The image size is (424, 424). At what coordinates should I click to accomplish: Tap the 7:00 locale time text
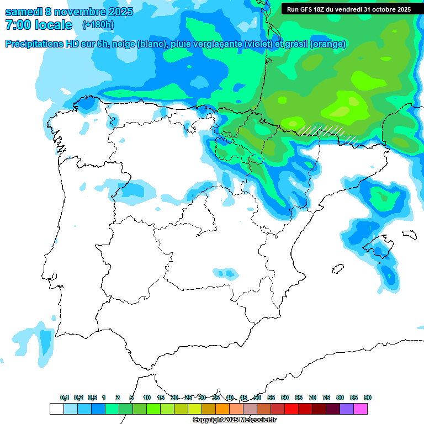(x=39, y=25)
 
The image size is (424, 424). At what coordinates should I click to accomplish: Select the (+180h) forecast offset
(x=98, y=25)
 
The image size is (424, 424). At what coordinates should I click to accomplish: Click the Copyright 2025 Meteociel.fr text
(x=234, y=420)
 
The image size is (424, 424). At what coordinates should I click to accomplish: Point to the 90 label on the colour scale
(x=367, y=397)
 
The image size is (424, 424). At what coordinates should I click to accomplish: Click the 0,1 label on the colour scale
(x=65, y=397)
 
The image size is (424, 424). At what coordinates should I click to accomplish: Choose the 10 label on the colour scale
(x=147, y=397)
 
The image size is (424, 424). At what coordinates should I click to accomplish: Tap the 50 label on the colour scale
(x=257, y=397)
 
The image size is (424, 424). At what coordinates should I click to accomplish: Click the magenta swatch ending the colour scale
(x=361, y=409)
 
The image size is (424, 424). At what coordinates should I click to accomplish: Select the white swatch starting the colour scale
(x=56, y=409)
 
